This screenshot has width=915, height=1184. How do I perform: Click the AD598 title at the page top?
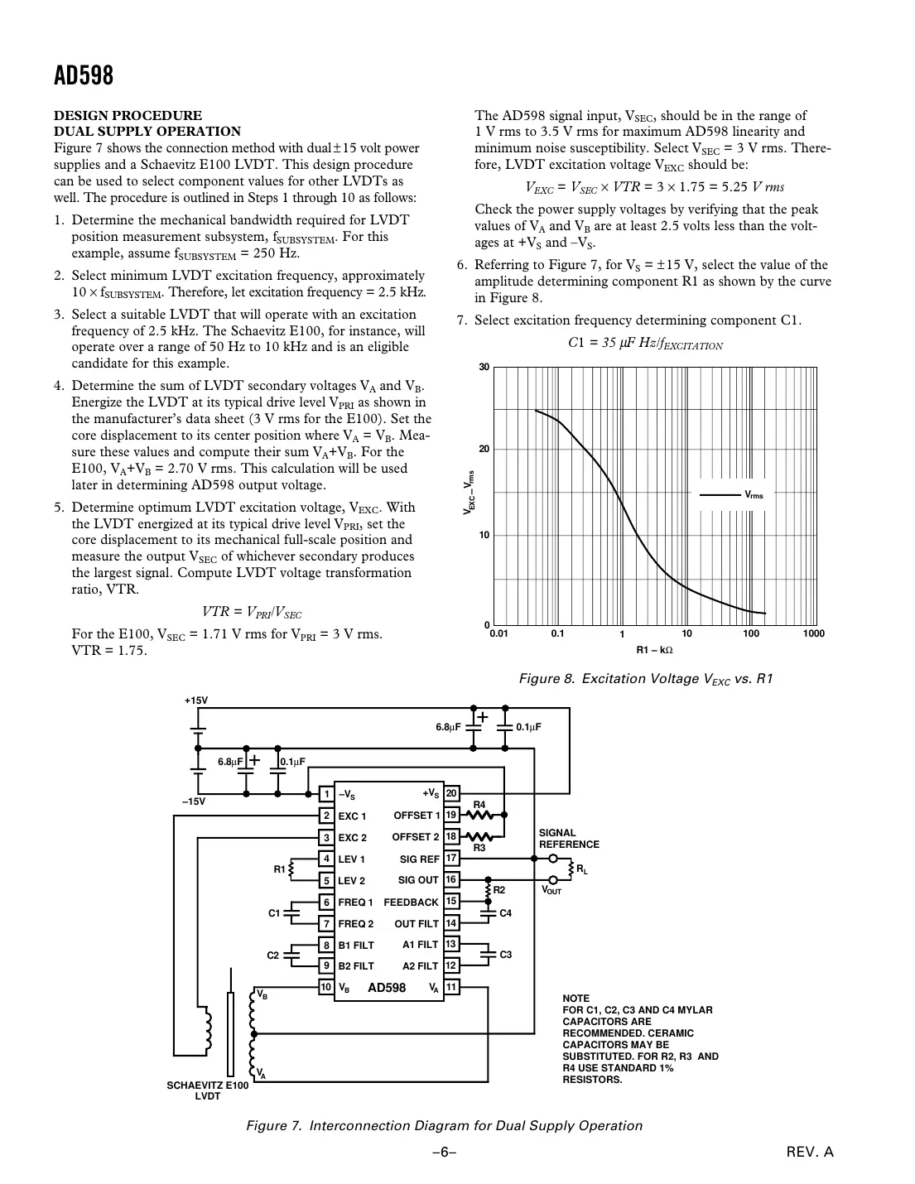click(84, 76)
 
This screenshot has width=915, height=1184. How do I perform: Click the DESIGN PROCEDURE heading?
click(128, 116)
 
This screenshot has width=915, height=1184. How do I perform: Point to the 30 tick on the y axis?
click(484, 367)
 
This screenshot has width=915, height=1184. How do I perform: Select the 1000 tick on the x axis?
click(814, 634)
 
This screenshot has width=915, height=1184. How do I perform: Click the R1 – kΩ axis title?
click(654, 650)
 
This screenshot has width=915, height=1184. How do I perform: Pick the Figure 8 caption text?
click(645, 679)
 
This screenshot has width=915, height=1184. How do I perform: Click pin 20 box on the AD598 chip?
click(451, 793)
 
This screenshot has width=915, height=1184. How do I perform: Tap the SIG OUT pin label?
click(418, 880)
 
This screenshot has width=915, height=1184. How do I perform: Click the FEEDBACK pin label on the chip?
click(411, 902)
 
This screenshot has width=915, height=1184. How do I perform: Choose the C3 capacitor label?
click(505, 955)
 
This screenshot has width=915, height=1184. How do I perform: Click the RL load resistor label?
click(582, 870)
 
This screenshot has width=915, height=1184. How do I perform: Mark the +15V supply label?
click(196, 700)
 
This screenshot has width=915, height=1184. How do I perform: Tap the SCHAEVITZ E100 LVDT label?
click(207, 1090)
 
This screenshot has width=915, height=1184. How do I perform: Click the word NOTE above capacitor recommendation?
click(576, 999)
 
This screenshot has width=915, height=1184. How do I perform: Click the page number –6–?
click(445, 1151)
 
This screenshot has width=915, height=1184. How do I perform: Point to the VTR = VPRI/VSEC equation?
click(253, 612)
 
